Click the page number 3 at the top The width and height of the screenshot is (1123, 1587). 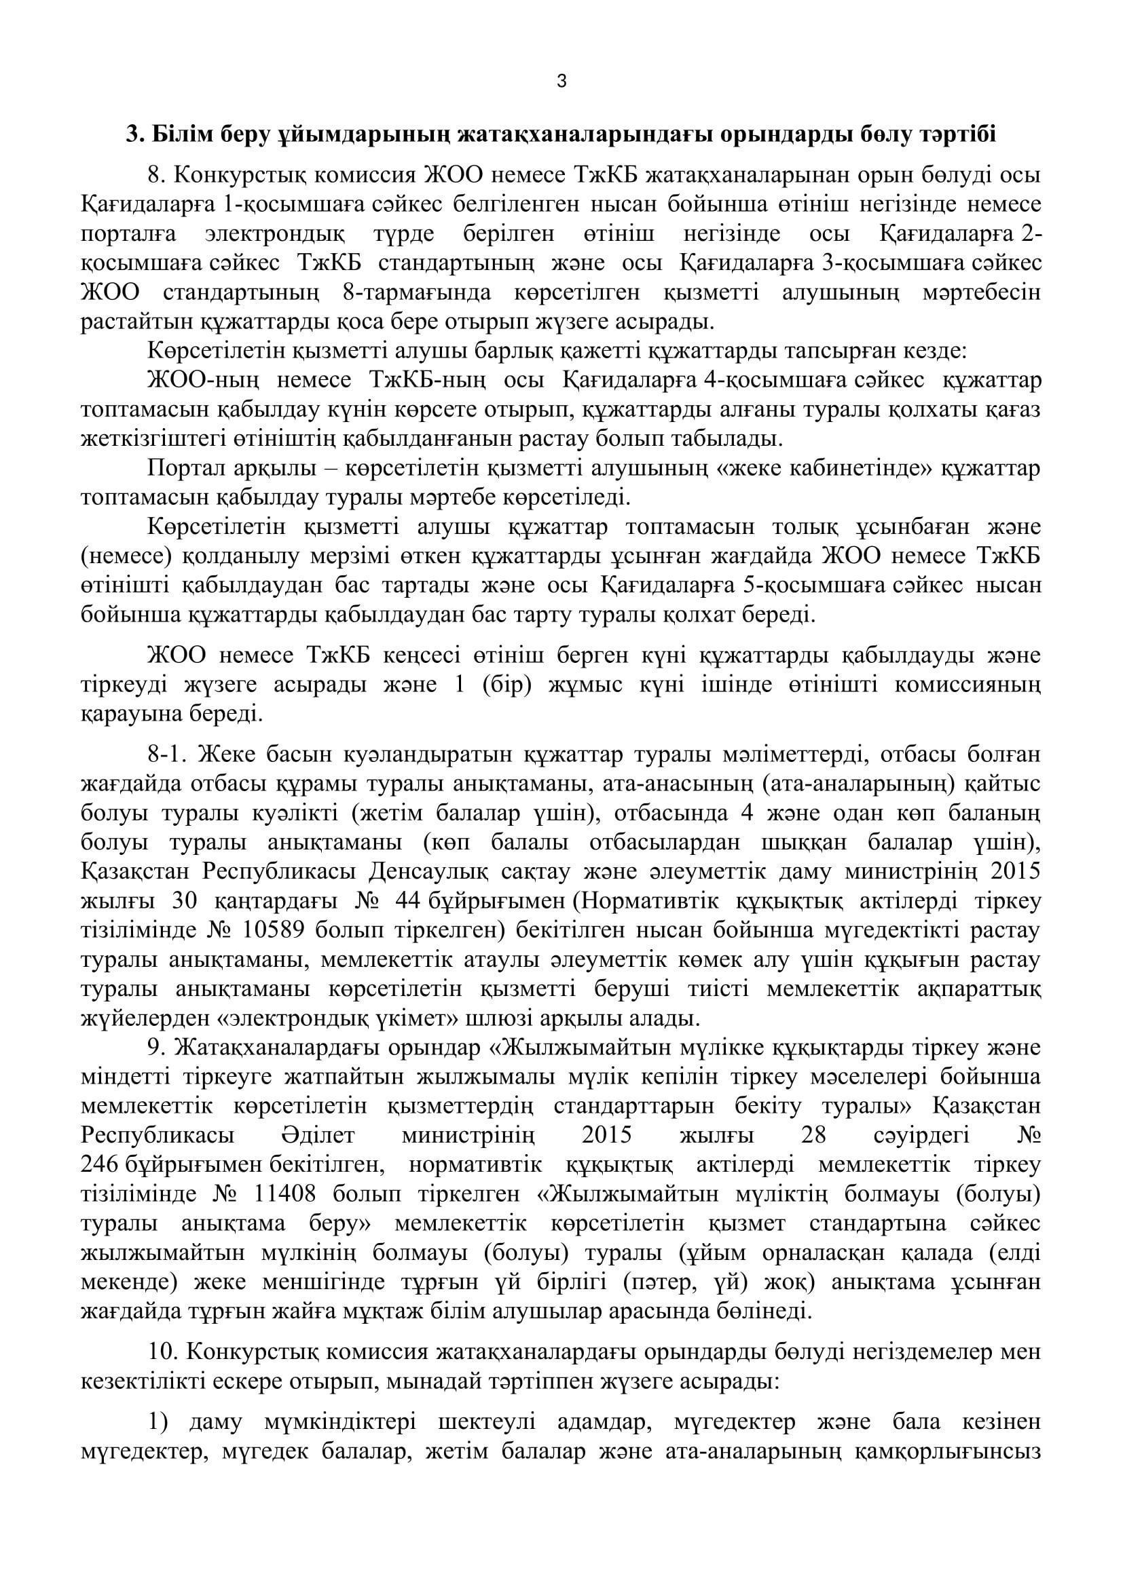561,81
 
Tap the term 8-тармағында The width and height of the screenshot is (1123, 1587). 417,293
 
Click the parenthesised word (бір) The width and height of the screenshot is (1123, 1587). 511,685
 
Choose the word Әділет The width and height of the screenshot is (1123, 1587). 317,1136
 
